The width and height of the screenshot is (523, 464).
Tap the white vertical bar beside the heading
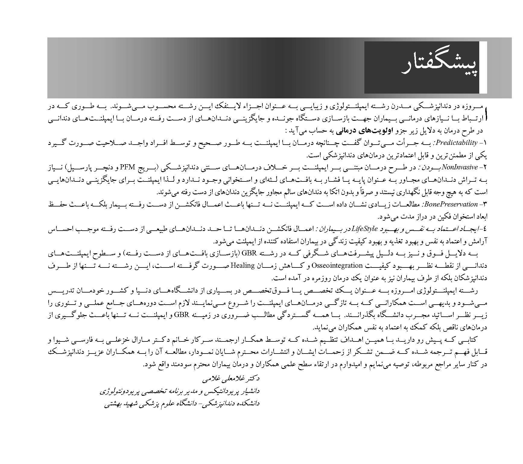pyautogui.click(x=483, y=67)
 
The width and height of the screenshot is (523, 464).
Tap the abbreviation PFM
pyautogui.click(x=340, y=167)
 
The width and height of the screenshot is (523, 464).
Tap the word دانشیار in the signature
pyautogui.click(x=249, y=392)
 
